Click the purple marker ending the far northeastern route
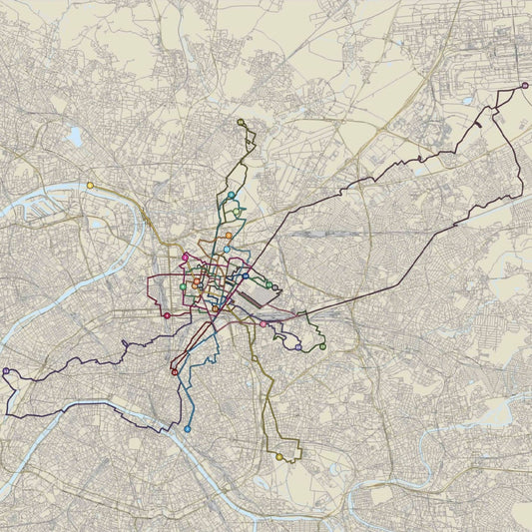tap(525, 86)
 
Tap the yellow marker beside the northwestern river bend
tap(90, 185)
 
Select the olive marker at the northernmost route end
tap(241, 122)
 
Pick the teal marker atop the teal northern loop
tap(232, 195)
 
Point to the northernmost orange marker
tap(229, 236)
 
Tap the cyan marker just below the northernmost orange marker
tap(227, 249)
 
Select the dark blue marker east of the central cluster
tap(246, 275)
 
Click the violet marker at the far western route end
tap(6, 371)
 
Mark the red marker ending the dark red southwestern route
tap(175, 372)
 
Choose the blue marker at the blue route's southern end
tap(188, 429)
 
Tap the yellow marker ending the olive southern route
tap(279, 457)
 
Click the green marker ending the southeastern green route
tap(322, 346)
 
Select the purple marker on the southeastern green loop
tap(298, 347)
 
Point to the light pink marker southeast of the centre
tap(264, 323)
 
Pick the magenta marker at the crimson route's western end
tap(167, 315)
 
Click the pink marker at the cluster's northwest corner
tap(186, 258)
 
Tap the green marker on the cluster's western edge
tap(183, 287)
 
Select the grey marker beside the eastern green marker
tap(276, 286)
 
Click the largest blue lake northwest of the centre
tap(76, 136)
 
